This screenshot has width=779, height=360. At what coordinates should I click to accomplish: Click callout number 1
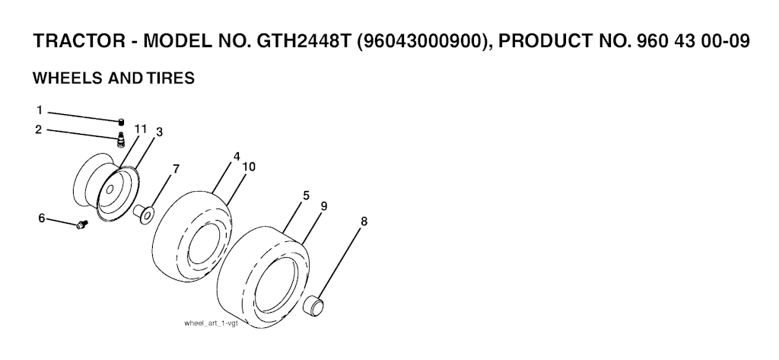[x=40, y=110]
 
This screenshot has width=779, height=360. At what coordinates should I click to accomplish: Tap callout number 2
[x=38, y=130]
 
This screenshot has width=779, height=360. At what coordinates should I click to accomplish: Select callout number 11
[x=141, y=129]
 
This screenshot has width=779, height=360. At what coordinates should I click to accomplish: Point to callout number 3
[x=159, y=132]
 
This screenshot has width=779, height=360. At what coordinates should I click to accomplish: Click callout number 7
[x=176, y=169]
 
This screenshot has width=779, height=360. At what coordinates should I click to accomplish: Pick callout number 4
[x=237, y=157]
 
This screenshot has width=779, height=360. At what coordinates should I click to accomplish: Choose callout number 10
[x=249, y=167]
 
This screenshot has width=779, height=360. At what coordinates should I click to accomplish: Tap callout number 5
[x=306, y=196]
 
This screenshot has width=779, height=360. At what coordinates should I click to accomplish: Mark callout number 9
[x=324, y=205]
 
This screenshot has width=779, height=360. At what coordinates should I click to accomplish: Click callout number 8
[x=364, y=221]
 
